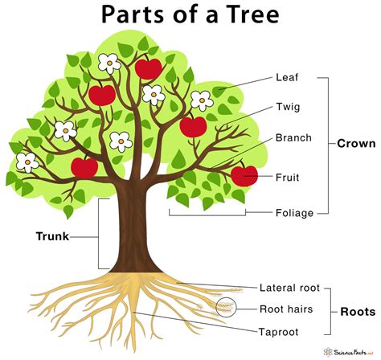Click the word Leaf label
[x=288, y=79]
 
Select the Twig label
[x=289, y=107]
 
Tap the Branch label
[x=293, y=137]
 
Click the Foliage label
[x=294, y=213]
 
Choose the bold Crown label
[x=356, y=144]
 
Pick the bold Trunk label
[x=53, y=236]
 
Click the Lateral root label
[x=289, y=287]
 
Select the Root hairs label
[x=286, y=308]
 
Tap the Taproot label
[x=280, y=329]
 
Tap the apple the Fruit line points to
[x=244, y=174]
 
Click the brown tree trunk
[x=132, y=233]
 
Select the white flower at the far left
[x=27, y=162]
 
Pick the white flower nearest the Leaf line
[x=202, y=100]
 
